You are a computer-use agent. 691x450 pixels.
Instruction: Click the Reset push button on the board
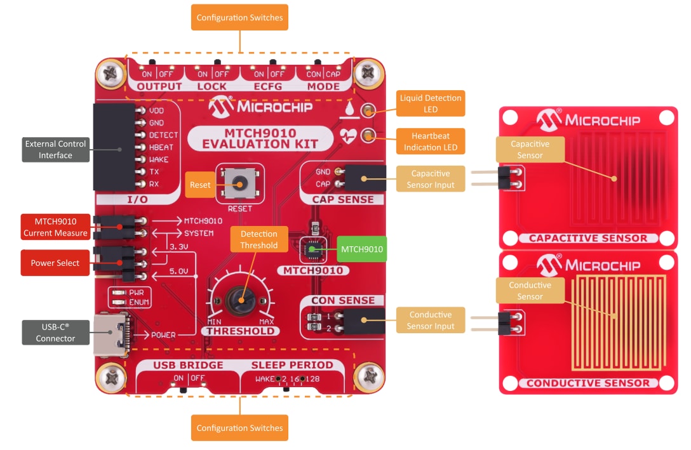point(239,183)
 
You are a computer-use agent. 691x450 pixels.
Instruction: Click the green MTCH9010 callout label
point(361,249)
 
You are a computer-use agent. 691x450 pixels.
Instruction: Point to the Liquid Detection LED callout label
point(431,103)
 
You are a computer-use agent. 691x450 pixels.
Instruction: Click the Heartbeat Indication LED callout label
point(431,141)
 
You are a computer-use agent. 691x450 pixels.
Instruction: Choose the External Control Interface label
point(55,149)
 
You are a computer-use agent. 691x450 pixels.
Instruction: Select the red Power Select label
point(55,263)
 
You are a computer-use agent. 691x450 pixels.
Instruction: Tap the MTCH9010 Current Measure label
point(55,227)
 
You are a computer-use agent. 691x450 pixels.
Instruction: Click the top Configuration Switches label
point(239,18)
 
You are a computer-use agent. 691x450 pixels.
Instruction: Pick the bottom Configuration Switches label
point(239,428)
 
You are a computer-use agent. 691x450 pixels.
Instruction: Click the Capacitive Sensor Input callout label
point(431,179)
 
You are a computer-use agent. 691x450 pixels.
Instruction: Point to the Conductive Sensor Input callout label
point(431,321)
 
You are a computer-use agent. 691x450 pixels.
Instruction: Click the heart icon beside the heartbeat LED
point(348,135)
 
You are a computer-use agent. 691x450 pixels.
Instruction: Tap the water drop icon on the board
point(347,110)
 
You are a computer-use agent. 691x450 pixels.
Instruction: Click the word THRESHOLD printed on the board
point(238,331)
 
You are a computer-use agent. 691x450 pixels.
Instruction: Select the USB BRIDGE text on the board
point(188,365)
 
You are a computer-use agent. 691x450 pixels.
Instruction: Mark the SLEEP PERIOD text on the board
point(292,365)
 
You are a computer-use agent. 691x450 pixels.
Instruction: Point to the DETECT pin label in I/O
point(163,135)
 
